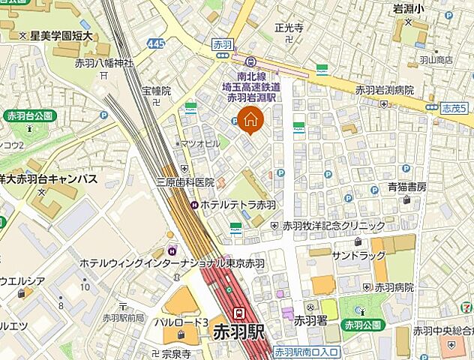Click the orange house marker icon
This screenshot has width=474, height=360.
pyautogui.click(x=250, y=119)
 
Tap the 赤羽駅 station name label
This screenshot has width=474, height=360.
pyautogui.click(x=239, y=331)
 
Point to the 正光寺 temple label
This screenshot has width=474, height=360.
pyautogui.click(x=288, y=28)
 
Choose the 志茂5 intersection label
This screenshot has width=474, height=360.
pyautogui.click(x=454, y=108)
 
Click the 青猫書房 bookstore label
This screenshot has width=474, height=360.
pyautogui.click(x=407, y=187)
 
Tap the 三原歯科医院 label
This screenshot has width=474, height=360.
pyautogui.click(x=184, y=182)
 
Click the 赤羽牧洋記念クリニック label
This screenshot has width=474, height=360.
pyautogui.click(x=334, y=225)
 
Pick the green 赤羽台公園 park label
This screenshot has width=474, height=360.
pyautogui.click(x=29, y=115)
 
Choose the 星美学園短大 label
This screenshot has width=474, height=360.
pyautogui.click(x=60, y=35)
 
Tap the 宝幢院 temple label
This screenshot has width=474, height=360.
pyautogui.click(x=157, y=90)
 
